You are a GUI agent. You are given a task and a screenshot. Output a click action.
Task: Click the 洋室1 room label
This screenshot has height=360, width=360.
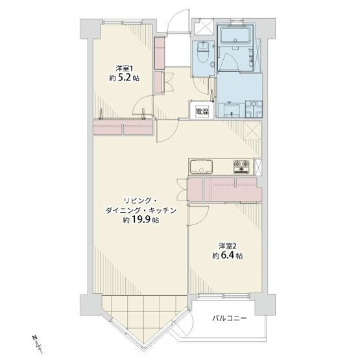coord(124,68)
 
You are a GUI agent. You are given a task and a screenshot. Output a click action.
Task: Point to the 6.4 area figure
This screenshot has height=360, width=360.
coord(232,256)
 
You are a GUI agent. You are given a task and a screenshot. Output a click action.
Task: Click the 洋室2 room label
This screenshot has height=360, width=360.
coord(226,246)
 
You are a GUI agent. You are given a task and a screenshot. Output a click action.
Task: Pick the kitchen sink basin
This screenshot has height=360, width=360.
coord(200,164)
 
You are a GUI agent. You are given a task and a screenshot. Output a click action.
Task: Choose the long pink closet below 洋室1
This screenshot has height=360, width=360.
coord(123,128)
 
